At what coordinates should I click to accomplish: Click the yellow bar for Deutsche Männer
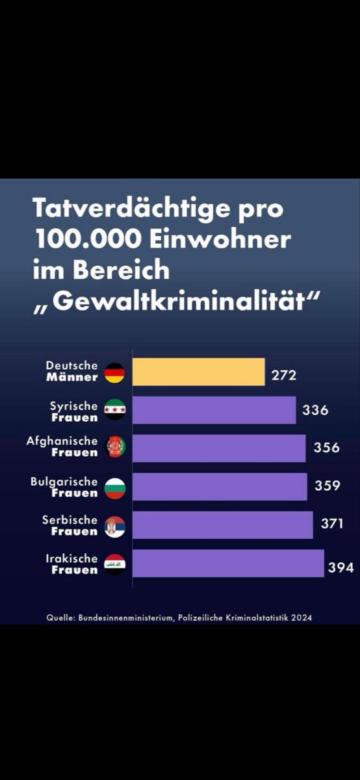(198, 372)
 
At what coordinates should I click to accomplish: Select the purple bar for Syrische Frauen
(214, 410)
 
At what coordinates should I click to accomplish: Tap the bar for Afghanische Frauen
(218, 448)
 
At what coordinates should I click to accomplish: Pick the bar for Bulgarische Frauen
(220, 486)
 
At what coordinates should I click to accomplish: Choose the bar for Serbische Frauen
(222, 525)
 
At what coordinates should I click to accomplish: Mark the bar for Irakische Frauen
(227, 563)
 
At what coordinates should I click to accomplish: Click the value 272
(284, 375)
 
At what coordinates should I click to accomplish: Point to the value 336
(315, 411)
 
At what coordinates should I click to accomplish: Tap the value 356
(326, 448)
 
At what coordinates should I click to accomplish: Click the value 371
(332, 524)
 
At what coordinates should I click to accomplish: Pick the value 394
(341, 567)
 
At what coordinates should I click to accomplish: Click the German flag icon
(114, 372)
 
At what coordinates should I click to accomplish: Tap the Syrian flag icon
(114, 410)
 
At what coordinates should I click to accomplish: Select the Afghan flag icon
(114, 448)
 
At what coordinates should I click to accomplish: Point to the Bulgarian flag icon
(114, 487)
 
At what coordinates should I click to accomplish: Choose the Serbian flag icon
(114, 525)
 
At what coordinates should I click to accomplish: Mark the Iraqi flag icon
(114, 564)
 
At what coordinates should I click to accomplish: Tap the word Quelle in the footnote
(60, 617)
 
